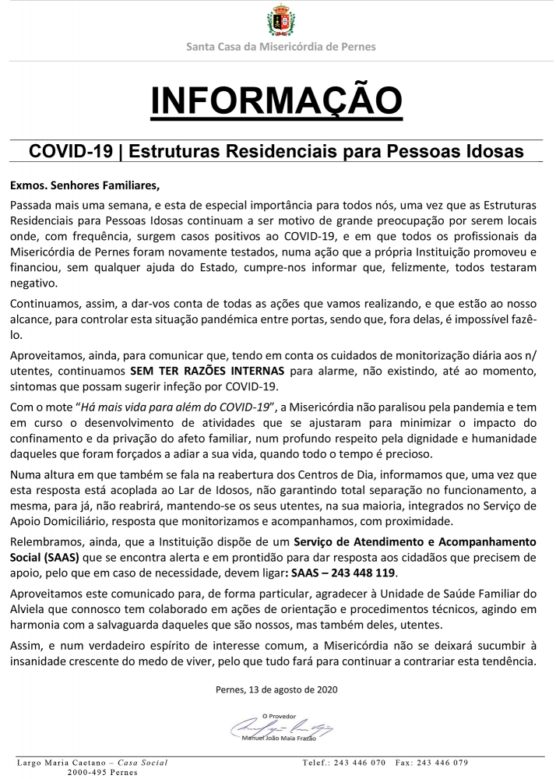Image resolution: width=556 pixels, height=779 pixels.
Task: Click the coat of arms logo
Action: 280,21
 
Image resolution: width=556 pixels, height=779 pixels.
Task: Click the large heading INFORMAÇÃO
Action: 278,100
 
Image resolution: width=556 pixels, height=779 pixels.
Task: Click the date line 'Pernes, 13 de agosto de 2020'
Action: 276,689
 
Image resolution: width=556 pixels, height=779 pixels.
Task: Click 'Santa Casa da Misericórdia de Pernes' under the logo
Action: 280,47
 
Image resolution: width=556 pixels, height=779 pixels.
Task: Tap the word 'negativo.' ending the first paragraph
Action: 36,284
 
